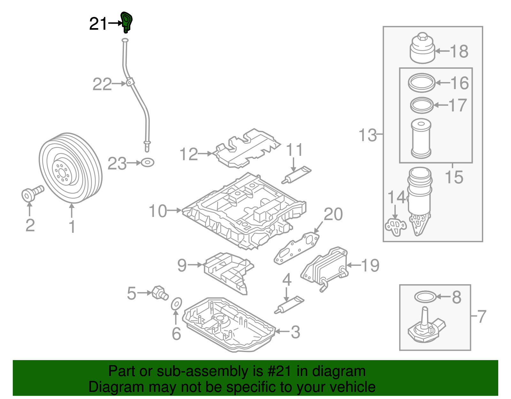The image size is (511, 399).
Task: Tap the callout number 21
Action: [x=98, y=24]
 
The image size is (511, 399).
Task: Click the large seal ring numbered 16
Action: [x=422, y=83]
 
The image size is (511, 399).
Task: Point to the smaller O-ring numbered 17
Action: [x=422, y=105]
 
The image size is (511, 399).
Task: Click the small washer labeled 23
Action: [x=148, y=163]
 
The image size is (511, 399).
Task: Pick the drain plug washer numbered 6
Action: [x=176, y=304]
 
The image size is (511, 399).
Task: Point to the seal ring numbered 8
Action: [x=425, y=297]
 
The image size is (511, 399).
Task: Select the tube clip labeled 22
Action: [x=129, y=83]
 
